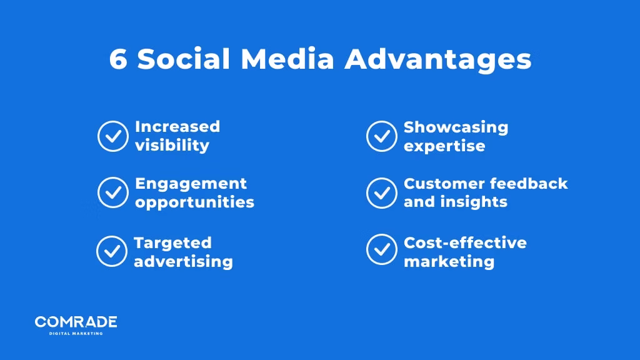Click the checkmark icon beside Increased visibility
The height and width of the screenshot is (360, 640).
pos(113,136)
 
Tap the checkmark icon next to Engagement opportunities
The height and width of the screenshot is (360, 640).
pos(113,192)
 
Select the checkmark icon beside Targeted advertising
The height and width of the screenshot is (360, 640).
pos(112,251)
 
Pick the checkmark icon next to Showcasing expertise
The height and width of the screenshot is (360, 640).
pos(381,136)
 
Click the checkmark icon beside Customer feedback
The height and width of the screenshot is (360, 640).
pos(381,192)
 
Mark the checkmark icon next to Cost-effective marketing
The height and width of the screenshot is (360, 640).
pos(381,250)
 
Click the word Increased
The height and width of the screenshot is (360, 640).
pos(177,127)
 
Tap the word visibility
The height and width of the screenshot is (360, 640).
pos(172,146)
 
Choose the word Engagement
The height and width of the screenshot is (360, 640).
pos(191,184)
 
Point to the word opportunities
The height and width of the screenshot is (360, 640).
pos(195,203)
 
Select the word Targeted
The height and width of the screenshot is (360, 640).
pos(173,243)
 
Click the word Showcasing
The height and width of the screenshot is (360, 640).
pos(456,127)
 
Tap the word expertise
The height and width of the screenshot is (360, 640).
pos(444,146)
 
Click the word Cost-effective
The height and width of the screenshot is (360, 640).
pos(465,242)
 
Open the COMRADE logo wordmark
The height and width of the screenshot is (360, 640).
pos(76,322)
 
